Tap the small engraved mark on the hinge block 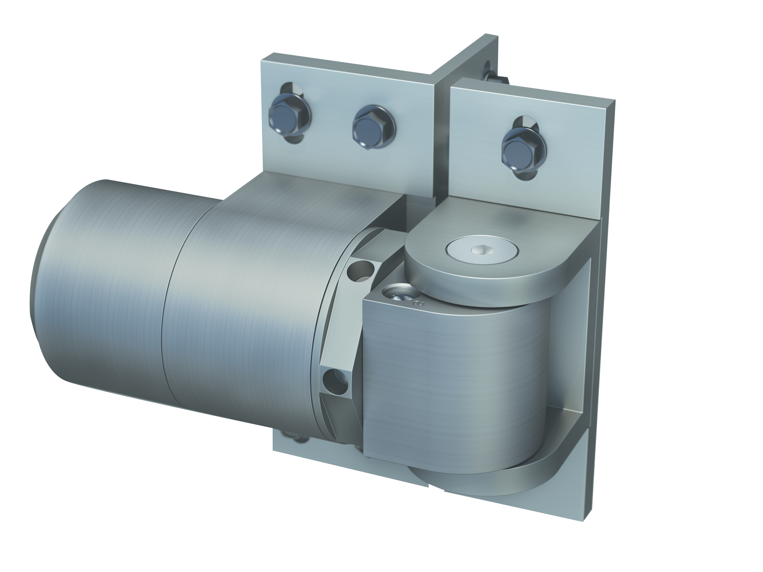point(417,303)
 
